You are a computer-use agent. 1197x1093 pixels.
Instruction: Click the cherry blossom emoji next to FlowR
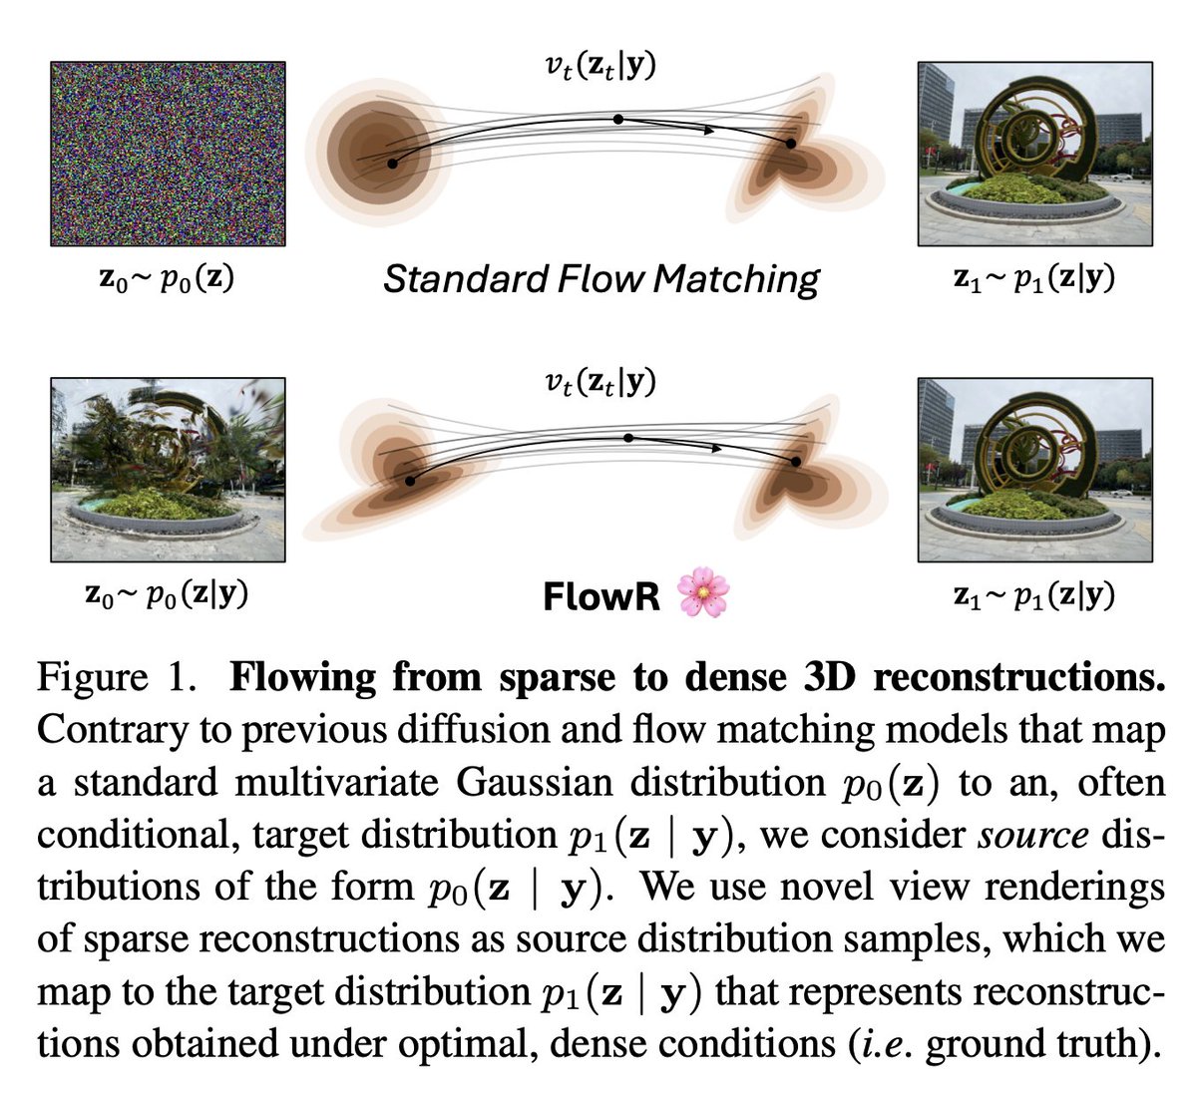click(x=702, y=595)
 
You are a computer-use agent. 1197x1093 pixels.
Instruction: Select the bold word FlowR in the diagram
click(x=601, y=596)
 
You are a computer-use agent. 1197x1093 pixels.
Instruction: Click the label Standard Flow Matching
click(x=600, y=278)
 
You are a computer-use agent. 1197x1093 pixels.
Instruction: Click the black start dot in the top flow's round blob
click(x=393, y=162)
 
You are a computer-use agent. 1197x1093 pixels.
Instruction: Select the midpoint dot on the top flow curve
click(x=618, y=119)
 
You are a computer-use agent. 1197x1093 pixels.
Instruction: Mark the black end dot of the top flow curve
click(x=791, y=144)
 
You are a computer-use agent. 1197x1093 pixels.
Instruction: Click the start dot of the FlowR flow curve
click(x=409, y=481)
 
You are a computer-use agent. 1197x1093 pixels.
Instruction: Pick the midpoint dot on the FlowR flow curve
click(x=627, y=438)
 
